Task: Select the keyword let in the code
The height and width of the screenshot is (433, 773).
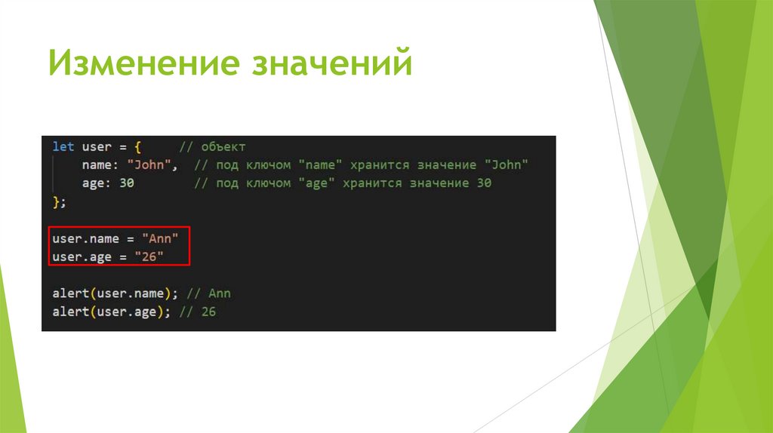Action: [x=63, y=146]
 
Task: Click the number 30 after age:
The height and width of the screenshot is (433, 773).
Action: [x=126, y=183]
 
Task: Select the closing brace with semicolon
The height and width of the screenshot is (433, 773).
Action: [x=59, y=201]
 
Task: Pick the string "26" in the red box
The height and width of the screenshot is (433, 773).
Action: [x=149, y=257]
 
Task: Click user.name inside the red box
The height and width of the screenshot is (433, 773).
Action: [x=85, y=238]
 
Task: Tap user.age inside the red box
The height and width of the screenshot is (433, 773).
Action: [x=82, y=257]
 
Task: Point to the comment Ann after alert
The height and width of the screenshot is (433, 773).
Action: [x=220, y=293]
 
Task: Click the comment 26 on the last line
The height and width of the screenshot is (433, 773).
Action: [x=208, y=312]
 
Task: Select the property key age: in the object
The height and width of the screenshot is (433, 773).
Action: [x=97, y=183]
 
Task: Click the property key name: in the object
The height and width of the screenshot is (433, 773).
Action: [x=100, y=164]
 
